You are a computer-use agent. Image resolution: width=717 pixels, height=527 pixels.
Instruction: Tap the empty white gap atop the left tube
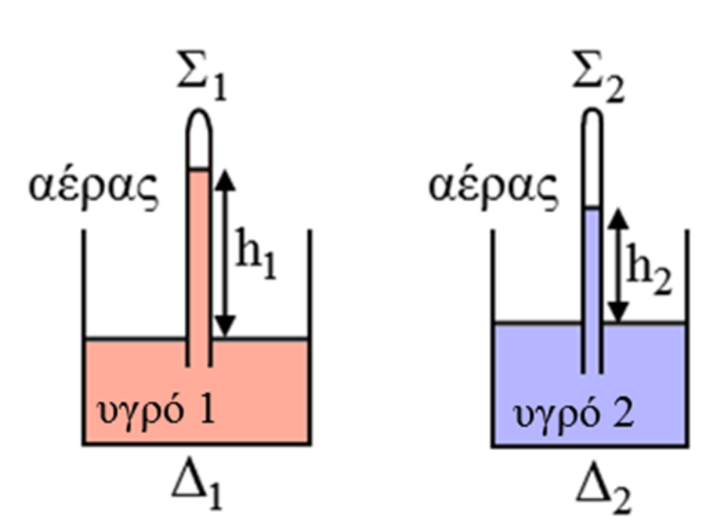pos(198,145)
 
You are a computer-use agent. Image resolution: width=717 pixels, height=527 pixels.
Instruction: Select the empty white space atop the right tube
pos(591,163)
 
